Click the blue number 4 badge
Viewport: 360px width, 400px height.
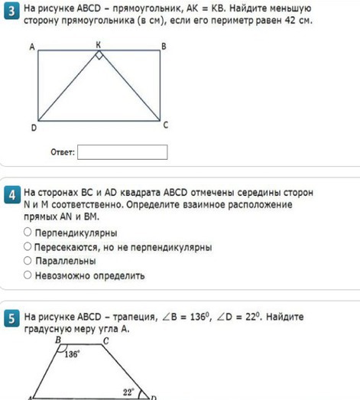click(11, 197)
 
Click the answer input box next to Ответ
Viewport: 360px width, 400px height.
click(122, 152)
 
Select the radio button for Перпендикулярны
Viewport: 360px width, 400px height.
click(28, 232)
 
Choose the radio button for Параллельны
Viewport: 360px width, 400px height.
click(28, 261)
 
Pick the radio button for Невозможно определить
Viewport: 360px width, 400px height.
click(28, 275)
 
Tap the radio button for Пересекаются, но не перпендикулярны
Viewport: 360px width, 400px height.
click(28, 246)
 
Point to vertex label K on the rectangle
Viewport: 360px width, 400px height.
click(98, 45)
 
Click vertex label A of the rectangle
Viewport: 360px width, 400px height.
click(32, 47)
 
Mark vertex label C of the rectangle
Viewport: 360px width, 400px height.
click(165, 125)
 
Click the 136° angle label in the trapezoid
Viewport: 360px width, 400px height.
click(72, 354)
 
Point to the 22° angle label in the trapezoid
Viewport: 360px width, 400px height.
click(128, 391)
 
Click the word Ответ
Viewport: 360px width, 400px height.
click(62, 153)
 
